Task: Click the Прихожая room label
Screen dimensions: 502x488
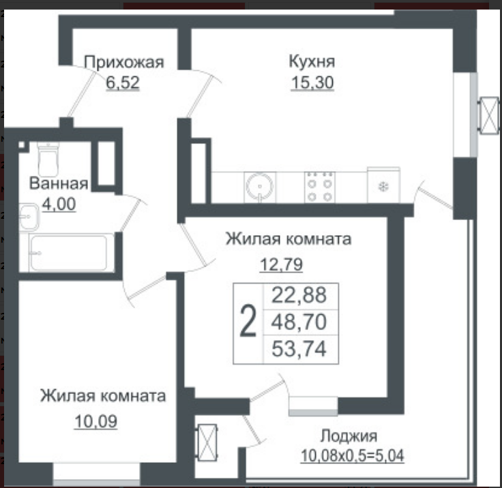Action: point(124,63)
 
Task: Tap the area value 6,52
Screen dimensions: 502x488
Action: point(123,82)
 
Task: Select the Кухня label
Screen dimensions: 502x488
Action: point(312,61)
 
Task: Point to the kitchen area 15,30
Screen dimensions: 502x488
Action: point(312,82)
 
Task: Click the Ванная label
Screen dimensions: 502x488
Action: point(59,183)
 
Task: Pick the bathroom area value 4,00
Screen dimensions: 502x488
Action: point(59,204)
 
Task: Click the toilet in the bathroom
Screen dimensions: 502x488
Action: point(48,159)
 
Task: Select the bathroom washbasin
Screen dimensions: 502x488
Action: point(29,217)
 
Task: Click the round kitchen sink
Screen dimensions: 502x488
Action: point(260,187)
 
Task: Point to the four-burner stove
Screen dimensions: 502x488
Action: point(319,187)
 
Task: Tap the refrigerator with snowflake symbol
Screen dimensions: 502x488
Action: point(383,185)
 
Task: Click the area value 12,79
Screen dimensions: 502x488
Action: point(281,264)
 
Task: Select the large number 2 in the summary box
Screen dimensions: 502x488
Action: point(248,321)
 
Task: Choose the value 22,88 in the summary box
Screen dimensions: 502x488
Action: point(299,295)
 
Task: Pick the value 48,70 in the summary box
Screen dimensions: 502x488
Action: point(299,322)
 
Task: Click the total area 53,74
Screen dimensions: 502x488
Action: point(299,349)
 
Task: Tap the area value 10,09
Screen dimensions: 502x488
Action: point(95,421)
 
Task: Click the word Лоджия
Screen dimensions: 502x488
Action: point(349,436)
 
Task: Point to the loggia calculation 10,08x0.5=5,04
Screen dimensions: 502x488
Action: point(352,456)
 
